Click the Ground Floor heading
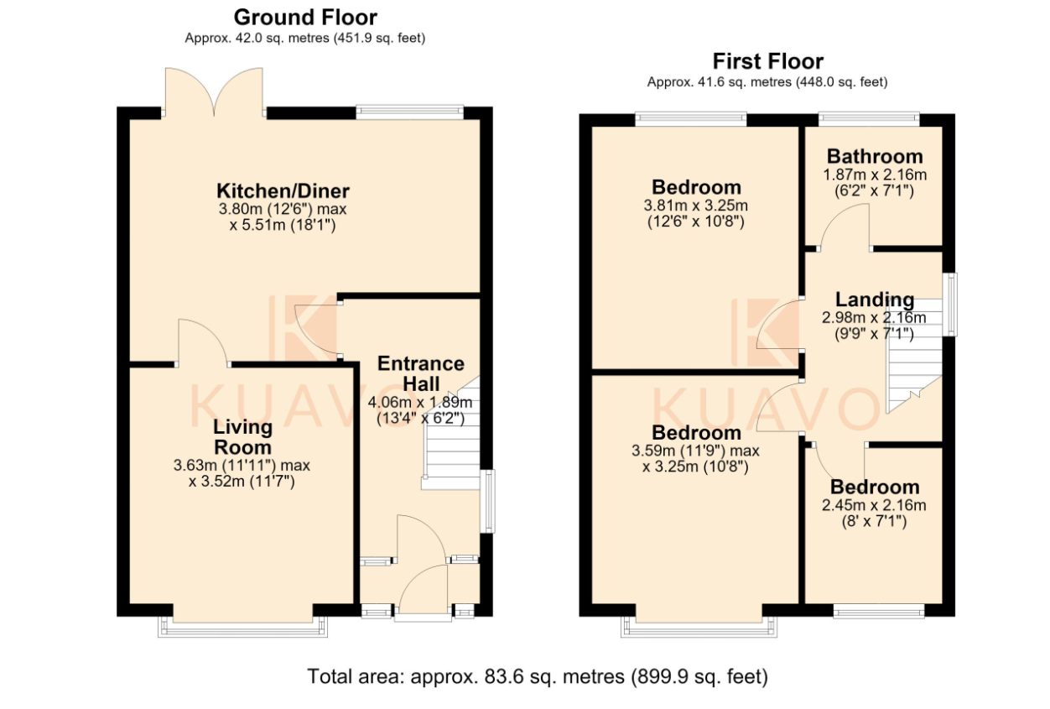tap(305, 18)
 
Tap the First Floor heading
tap(767, 61)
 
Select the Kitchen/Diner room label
tap(283, 191)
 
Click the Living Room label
tap(242, 437)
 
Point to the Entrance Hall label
tap(421, 373)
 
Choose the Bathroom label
tap(875, 156)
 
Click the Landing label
tap(875, 300)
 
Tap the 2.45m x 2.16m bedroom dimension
tap(874, 505)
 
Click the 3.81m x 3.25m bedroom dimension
tap(695, 206)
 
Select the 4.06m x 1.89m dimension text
tap(420, 403)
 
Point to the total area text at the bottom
tap(538, 677)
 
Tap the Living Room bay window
tap(242, 627)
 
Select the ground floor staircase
tap(451, 434)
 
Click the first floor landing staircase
tap(914, 357)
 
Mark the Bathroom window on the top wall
tap(869, 118)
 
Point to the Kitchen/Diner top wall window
tap(410, 112)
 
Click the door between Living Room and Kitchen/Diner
tap(202, 342)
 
